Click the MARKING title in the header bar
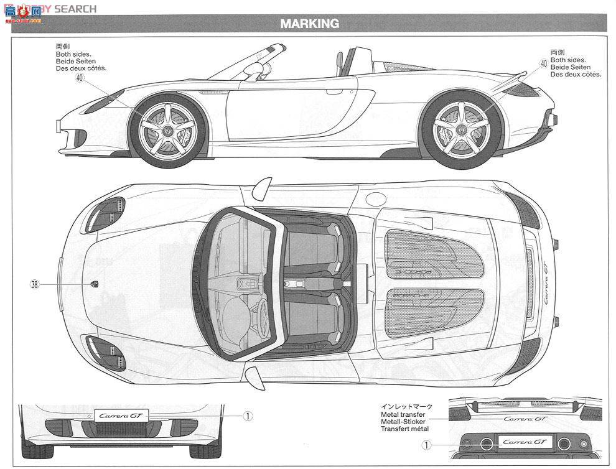pos(309,24)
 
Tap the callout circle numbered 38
pos(34,284)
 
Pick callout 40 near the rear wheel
pos(543,63)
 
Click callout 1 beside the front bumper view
pos(247,416)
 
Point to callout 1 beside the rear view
pos(426,445)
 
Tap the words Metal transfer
pos(404,414)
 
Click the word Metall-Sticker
pos(404,421)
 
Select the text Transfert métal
pos(405,429)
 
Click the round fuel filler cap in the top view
pos(375,199)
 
